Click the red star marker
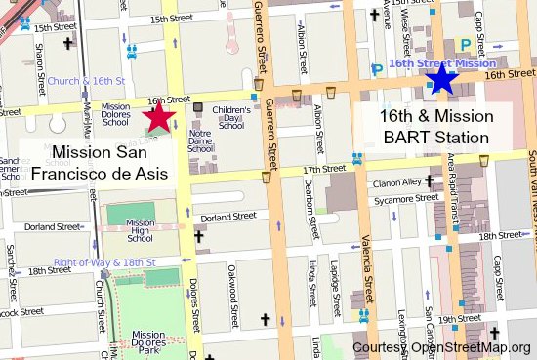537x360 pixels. tap(160, 118)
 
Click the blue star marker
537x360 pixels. tap(442, 79)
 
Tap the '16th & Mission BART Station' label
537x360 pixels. tap(435, 127)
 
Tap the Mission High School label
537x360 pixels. tap(141, 231)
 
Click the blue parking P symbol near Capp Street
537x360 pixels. tap(465, 44)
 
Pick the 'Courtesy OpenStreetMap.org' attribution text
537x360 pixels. tap(442, 348)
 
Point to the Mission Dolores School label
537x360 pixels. tap(115, 115)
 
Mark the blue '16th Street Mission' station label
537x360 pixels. tap(435, 62)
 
